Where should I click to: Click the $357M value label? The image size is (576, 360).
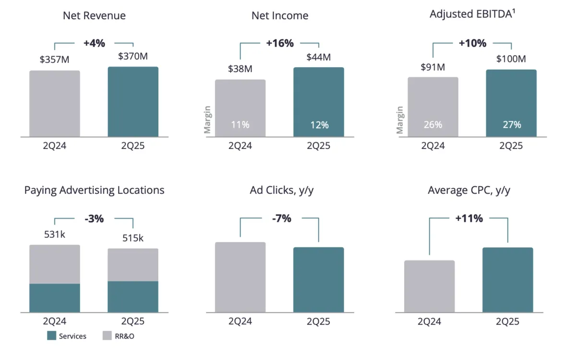click(54, 60)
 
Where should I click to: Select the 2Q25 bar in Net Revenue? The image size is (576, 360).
click(133, 102)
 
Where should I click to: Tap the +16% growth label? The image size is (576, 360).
click(279, 43)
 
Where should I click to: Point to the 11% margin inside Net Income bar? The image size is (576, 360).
click(240, 125)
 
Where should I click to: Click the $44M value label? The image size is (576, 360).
click(319, 57)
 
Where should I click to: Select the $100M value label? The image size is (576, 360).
click(512, 59)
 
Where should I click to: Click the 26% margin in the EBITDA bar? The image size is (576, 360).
click(433, 125)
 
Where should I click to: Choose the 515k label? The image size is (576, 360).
click(132, 238)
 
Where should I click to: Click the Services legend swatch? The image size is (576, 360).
click(52, 336)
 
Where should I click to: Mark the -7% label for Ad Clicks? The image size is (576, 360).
click(279, 218)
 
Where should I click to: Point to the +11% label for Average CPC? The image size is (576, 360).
click(468, 218)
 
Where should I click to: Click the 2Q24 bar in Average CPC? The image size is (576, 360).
click(429, 287)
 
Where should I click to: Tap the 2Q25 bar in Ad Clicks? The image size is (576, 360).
click(319, 280)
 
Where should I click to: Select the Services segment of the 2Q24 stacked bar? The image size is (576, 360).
click(54, 298)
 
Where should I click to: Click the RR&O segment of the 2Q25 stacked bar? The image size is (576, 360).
click(133, 264)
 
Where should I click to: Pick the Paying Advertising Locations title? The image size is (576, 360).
click(94, 190)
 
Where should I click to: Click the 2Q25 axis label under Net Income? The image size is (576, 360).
click(319, 146)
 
